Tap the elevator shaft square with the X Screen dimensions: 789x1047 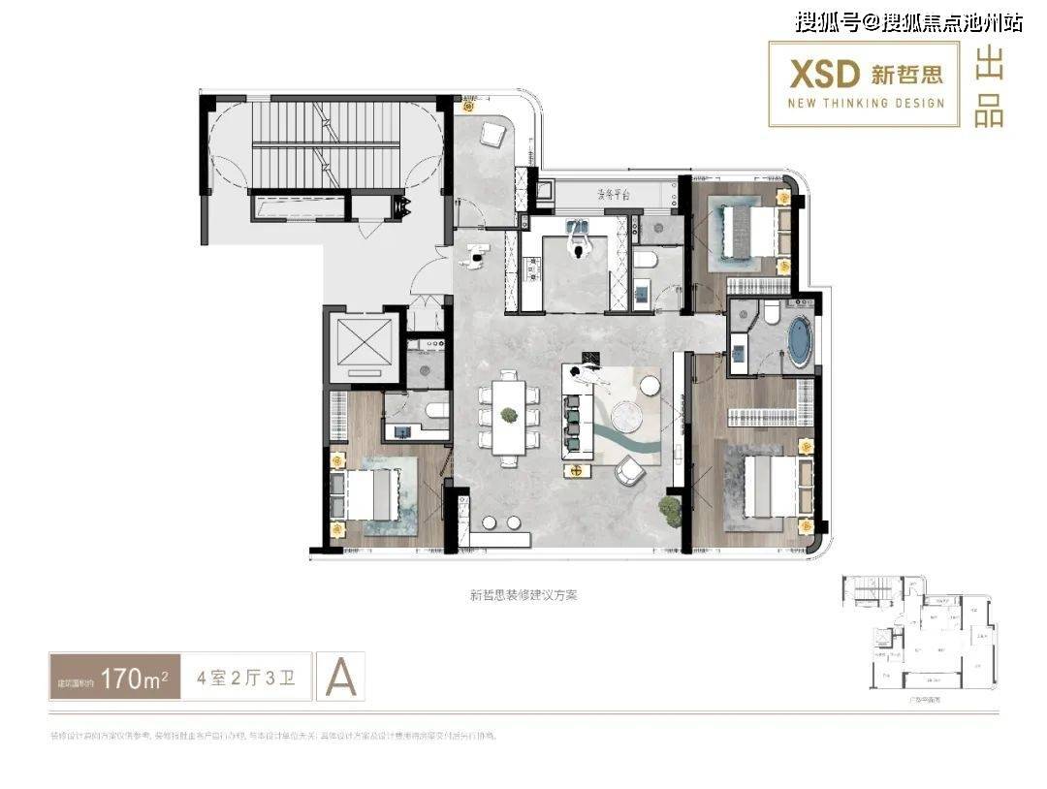pyautogui.click(x=362, y=346)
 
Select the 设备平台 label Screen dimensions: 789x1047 pyautogui.click(x=614, y=194)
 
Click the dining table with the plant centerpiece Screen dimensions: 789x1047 pyautogui.click(x=508, y=416)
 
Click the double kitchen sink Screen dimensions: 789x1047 pyautogui.click(x=580, y=229)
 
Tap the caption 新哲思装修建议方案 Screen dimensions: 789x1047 pyautogui.click(x=523, y=596)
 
